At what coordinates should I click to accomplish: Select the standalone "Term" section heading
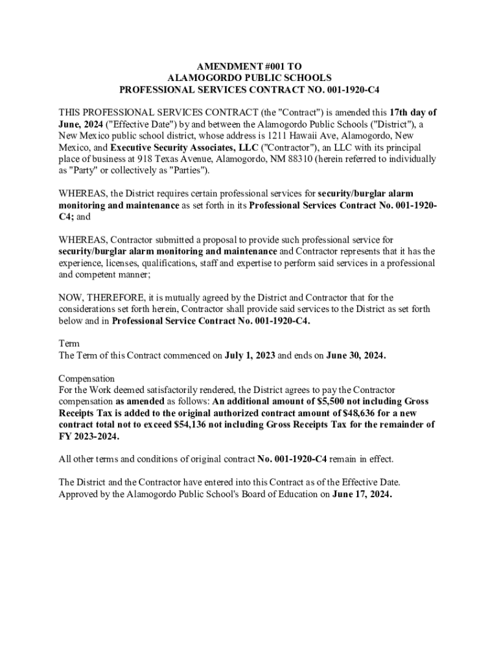point(69,344)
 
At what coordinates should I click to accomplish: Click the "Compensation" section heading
point(86,379)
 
